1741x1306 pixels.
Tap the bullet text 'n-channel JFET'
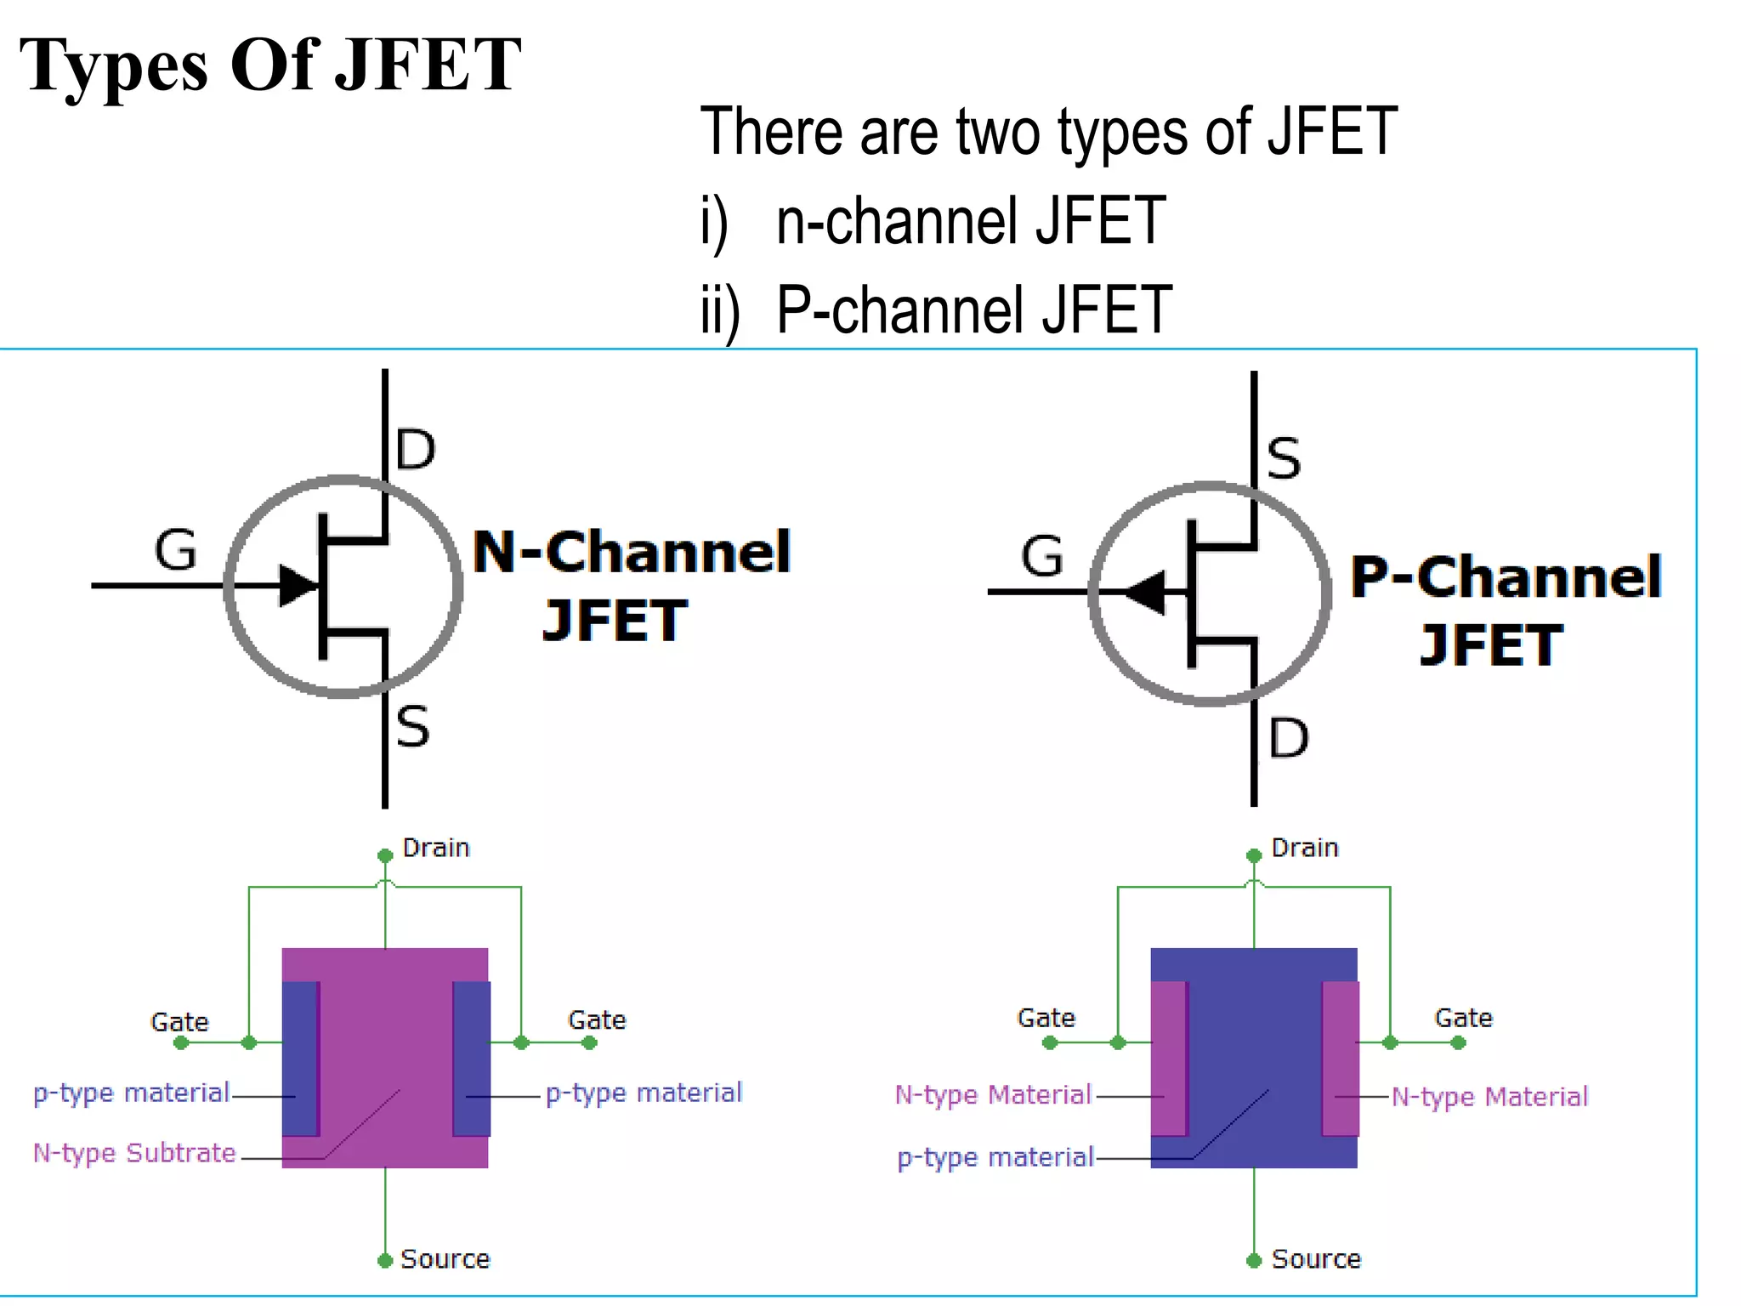click(x=970, y=221)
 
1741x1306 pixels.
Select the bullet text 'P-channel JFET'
click(x=974, y=309)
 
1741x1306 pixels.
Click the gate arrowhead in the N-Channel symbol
click(x=298, y=585)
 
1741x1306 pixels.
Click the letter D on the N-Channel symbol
click(x=416, y=450)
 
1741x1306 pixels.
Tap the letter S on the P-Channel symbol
click(x=1284, y=459)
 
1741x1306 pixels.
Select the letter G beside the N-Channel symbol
click(x=176, y=550)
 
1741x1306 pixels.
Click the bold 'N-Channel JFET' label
click(x=631, y=585)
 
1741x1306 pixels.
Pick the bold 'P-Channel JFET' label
click(x=1506, y=610)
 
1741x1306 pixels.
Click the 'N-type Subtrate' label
click(x=134, y=1153)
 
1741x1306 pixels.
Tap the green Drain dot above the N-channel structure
click(x=385, y=855)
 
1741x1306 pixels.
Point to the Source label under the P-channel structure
click(x=1316, y=1259)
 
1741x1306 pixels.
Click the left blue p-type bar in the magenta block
click(x=300, y=1059)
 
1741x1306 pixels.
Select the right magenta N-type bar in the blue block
click(x=1341, y=1059)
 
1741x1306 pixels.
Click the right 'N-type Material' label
click(x=1489, y=1097)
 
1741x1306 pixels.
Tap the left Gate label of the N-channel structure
click(x=179, y=1021)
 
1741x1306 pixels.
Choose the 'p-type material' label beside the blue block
click(x=995, y=1157)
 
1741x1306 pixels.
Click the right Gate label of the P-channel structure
click(x=1463, y=1018)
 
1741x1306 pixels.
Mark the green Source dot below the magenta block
click(x=385, y=1260)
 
